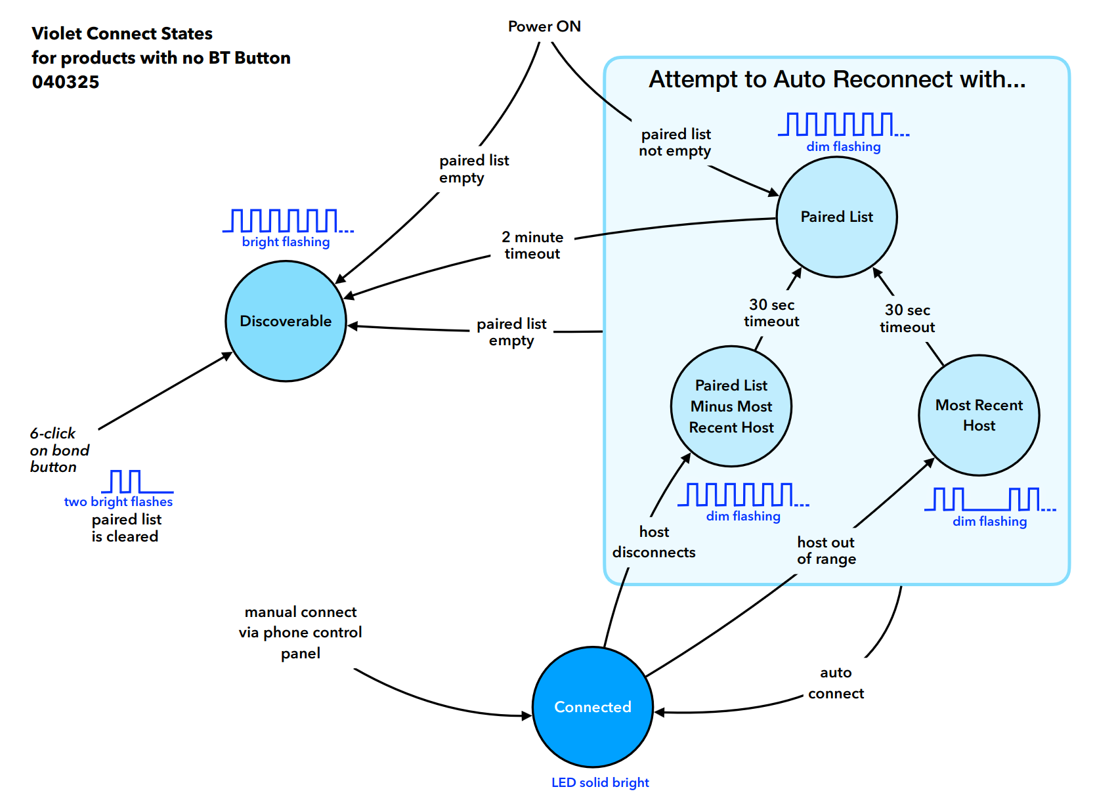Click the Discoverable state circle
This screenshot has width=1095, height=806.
pos(286,321)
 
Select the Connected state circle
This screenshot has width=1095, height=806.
pos(593,708)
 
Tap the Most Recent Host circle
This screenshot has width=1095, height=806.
pos(979,415)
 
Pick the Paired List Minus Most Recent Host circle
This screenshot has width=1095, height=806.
pos(731,406)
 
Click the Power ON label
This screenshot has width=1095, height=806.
pos(545,26)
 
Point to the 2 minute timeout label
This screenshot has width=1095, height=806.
pos(532,245)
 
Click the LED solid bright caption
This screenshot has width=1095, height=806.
pos(600,782)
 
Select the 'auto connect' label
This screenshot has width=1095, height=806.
pos(836,683)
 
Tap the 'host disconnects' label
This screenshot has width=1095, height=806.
pos(654,542)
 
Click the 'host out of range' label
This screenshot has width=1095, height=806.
pos(827,551)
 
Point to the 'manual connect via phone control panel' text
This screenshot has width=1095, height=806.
pos(301,633)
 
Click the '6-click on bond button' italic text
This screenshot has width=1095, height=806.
pos(60,450)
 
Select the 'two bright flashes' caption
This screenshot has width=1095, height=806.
pos(118,502)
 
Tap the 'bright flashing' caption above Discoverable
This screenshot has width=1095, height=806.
pos(286,242)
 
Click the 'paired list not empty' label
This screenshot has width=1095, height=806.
pos(675,142)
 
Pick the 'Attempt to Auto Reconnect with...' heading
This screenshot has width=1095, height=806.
pos(838,79)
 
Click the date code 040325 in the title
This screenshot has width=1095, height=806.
pos(66,81)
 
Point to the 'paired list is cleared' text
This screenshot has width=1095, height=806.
pos(125,528)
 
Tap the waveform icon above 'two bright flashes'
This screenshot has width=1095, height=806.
pos(137,482)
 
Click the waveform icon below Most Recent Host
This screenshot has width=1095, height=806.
pos(990,499)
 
